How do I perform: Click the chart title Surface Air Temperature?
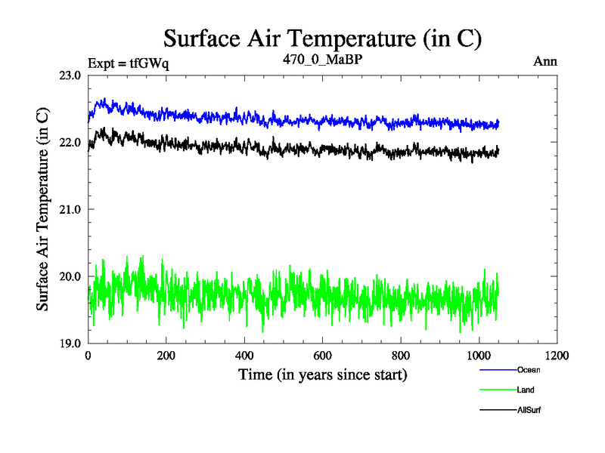pos(322,38)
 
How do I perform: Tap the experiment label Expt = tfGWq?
pos(129,63)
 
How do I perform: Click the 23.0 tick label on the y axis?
pos(70,75)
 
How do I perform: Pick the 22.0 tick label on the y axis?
pos(70,142)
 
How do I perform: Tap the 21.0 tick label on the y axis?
pos(70,209)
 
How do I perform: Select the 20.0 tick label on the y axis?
pos(70,276)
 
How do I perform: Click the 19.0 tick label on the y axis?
pos(70,343)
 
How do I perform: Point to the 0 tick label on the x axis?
pos(88,356)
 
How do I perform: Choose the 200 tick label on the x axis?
pos(166,356)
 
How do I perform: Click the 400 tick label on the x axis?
pos(244,356)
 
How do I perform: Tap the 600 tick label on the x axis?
pos(322,356)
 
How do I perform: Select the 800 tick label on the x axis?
pos(401,356)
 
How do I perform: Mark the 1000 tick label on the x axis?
pos(479,356)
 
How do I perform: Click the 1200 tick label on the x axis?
pos(557,356)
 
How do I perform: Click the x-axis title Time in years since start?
pos(323,374)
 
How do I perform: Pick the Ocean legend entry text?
pos(529,370)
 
